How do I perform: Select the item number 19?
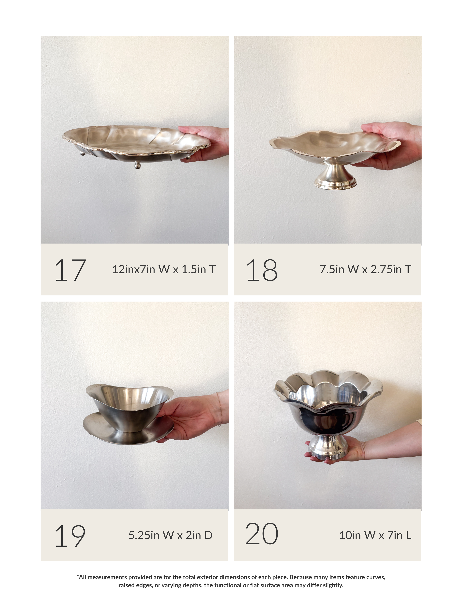click(x=70, y=536)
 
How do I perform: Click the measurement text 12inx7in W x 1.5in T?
click(x=164, y=269)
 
